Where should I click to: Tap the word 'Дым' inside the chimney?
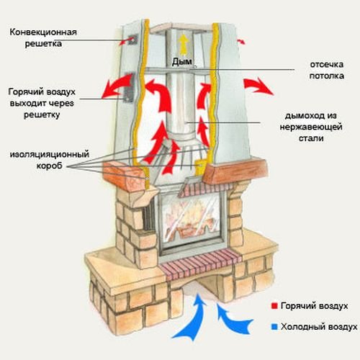pos(179,62)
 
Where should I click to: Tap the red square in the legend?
pos(276,306)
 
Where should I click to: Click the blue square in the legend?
pos(276,326)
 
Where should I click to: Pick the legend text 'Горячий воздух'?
pos(317,306)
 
